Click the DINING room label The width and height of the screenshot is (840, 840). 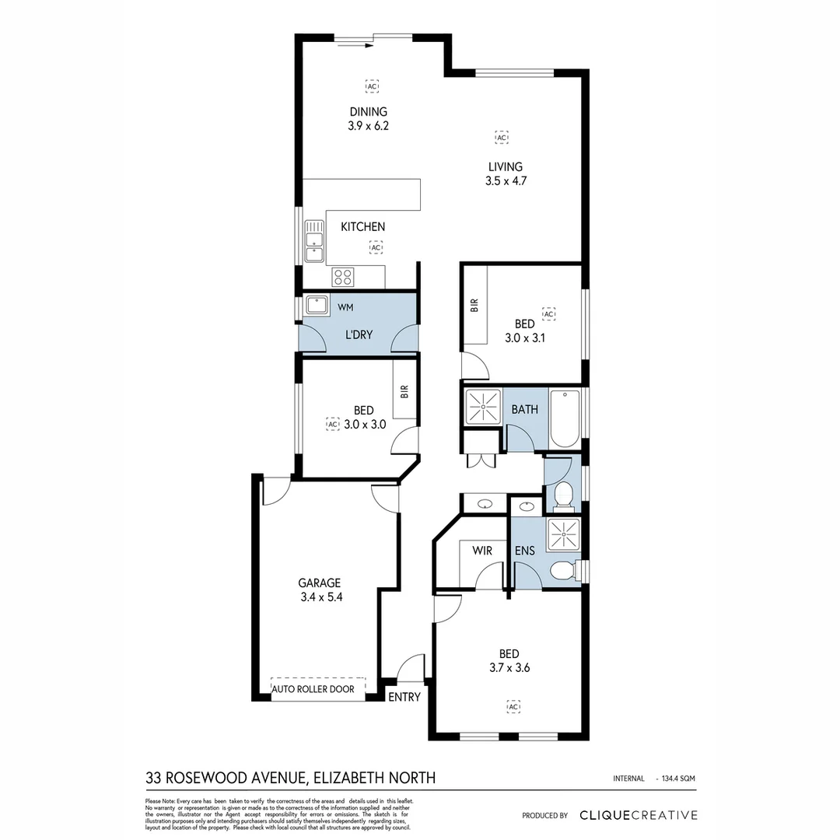click(368, 112)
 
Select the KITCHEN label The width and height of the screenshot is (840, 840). click(363, 227)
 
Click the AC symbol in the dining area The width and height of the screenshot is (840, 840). click(373, 86)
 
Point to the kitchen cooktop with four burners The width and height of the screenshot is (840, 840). click(344, 276)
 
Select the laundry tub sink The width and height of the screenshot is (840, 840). click(317, 304)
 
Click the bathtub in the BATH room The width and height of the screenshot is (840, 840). click(565, 418)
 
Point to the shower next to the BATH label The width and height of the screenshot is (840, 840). click(482, 407)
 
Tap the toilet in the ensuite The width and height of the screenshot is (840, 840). click(562, 572)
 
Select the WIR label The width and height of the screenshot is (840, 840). click(482, 551)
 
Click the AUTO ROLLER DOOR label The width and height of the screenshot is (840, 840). click(313, 689)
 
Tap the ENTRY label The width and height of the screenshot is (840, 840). click(404, 697)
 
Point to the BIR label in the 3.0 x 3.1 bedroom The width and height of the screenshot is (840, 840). click(474, 306)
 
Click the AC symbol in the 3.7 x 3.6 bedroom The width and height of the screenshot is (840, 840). click(513, 706)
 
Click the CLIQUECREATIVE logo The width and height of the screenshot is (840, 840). click(639, 815)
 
